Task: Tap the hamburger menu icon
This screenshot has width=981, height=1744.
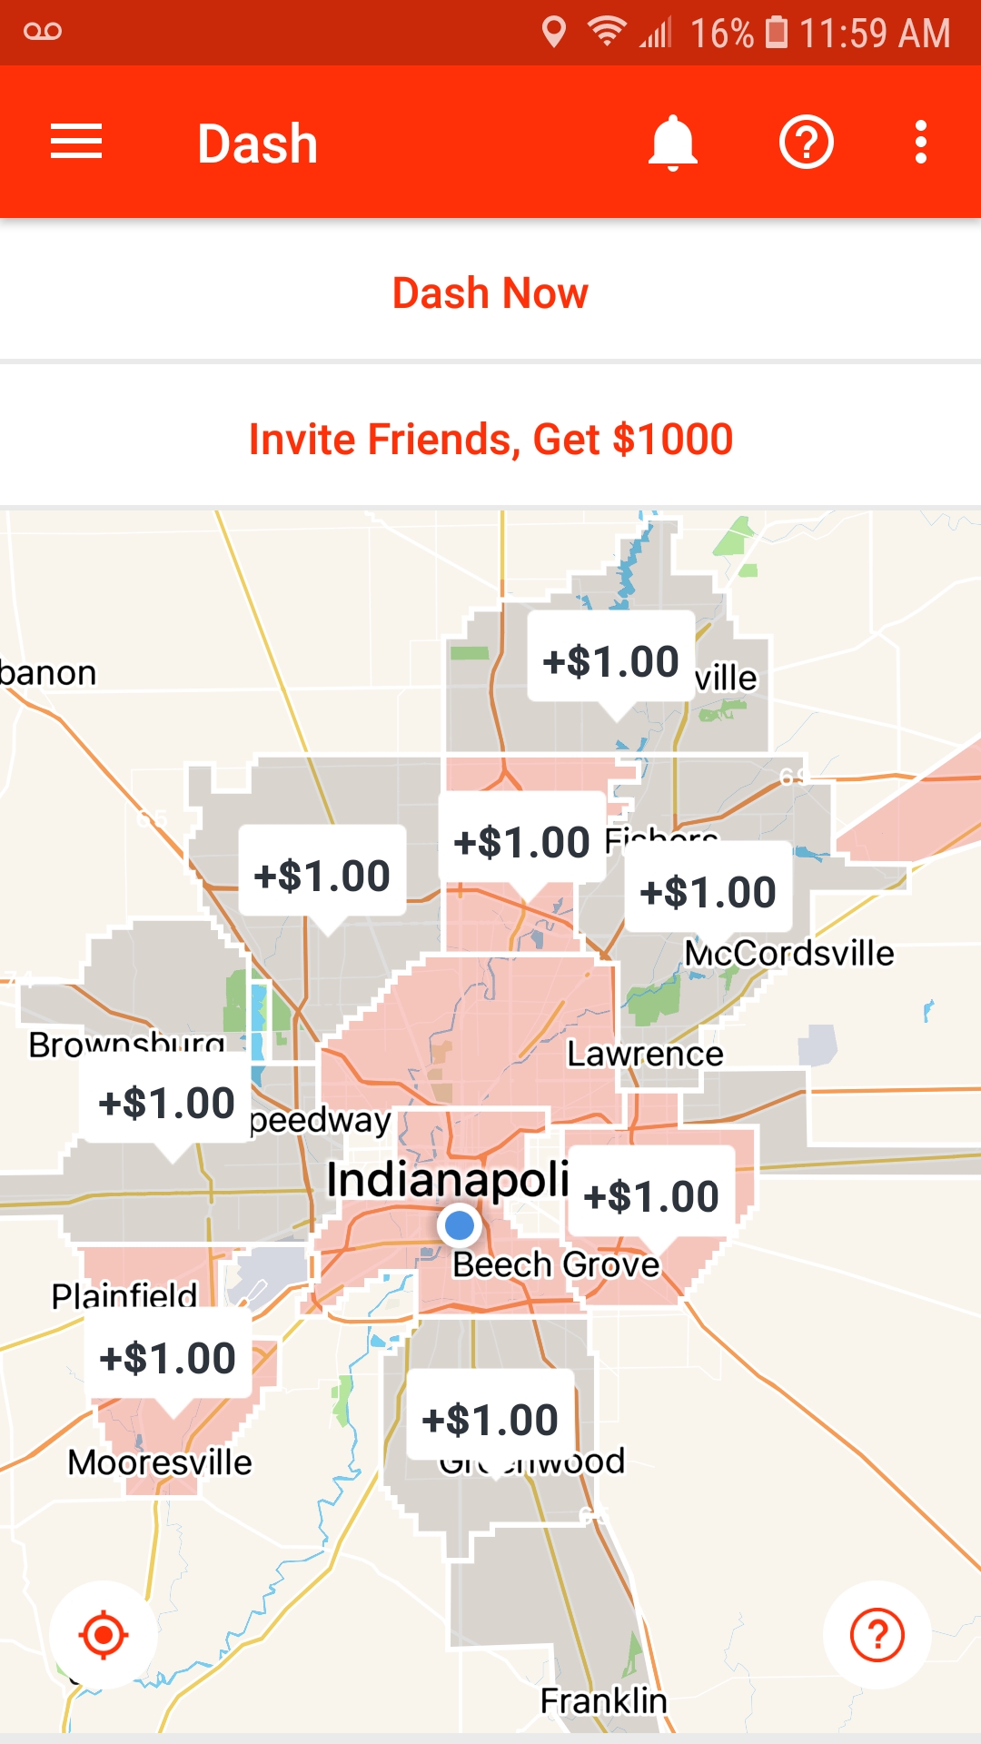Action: coord(76,143)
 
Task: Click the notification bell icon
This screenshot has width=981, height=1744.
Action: coord(672,143)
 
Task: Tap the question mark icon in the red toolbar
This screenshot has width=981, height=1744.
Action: coord(807,143)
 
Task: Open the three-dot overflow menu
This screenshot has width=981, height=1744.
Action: coord(921,143)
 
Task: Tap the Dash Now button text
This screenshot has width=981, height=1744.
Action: coord(490,293)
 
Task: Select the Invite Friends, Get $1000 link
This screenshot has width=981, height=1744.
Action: coord(490,440)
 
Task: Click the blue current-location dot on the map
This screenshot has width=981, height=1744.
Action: coord(460,1225)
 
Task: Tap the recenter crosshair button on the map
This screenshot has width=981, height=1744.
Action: coord(104,1635)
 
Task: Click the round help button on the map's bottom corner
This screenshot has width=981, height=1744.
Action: coord(877,1635)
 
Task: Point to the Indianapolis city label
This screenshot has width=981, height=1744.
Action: coord(448,1180)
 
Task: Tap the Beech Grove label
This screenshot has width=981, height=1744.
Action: coord(556,1264)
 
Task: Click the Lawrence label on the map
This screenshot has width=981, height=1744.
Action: coord(645,1054)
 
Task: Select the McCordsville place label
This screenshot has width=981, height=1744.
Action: coord(789,954)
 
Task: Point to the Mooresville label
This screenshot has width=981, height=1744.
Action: coord(160,1462)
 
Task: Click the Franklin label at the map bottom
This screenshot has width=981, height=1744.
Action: coord(603,1700)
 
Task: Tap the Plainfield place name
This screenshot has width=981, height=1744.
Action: coord(124,1294)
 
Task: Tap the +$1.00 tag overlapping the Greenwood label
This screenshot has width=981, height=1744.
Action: coord(490,1419)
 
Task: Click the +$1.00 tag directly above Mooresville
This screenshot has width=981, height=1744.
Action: coord(168,1358)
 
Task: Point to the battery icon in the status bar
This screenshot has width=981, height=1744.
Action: coord(777,32)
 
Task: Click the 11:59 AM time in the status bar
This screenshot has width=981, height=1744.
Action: coord(875,34)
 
